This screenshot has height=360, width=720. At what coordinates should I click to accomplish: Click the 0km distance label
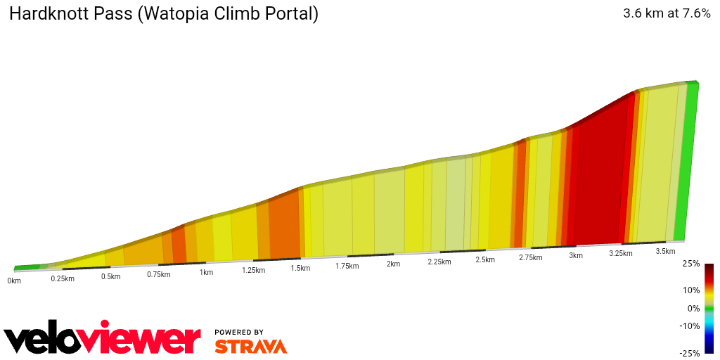pyautogui.click(x=14, y=281)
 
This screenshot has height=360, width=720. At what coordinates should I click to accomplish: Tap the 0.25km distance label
pyautogui.click(x=62, y=278)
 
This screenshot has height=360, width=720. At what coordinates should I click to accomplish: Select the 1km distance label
pyautogui.click(x=206, y=272)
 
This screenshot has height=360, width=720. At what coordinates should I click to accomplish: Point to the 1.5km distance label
pyautogui.click(x=300, y=268)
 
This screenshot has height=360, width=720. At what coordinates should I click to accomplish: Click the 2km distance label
pyautogui.click(x=393, y=264)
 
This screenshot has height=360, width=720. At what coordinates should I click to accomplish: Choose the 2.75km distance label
pyautogui.click(x=530, y=258)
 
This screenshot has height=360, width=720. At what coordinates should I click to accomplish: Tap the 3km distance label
pyautogui.click(x=576, y=255)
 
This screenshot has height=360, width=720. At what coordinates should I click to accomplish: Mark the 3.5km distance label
pyautogui.click(x=665, y=251)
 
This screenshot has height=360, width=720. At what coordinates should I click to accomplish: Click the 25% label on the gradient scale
pyautogui.click(x=690, y=264)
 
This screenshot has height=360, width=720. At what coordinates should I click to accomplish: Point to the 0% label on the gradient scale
pyautogui.click(x=693, y=308)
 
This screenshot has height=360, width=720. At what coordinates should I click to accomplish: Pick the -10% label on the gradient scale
pyautogui.click(x=689, y=326)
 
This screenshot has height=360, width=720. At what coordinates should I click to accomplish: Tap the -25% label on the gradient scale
pyautogui.click(x=689, y=353)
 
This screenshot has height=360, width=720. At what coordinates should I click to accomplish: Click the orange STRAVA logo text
pyautogui.click(x=250, y=346)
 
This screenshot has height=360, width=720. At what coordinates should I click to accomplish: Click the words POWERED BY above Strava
pyautogui.click(x=239, y=332)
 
